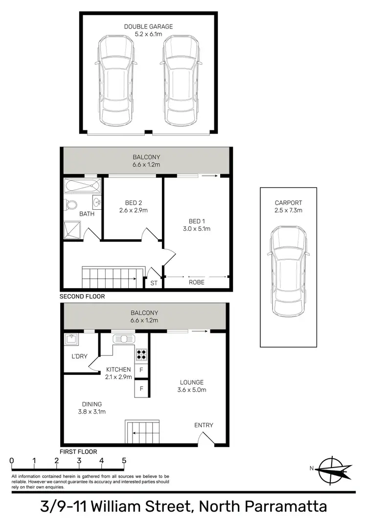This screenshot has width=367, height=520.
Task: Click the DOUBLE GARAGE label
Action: [x=148, y=26]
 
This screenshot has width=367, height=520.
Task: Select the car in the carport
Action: [x=288, y=271]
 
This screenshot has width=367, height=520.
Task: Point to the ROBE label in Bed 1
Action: [x=196, y=282]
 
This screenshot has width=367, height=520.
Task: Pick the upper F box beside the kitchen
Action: [x=141, y=370]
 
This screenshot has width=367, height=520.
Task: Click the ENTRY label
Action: [x=204, y=425]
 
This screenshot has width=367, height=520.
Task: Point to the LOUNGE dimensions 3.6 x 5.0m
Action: [x=191, y=390]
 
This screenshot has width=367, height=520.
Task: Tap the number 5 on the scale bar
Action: [x=124, y=461]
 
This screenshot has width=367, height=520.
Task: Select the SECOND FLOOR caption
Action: [x=82, y=297]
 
